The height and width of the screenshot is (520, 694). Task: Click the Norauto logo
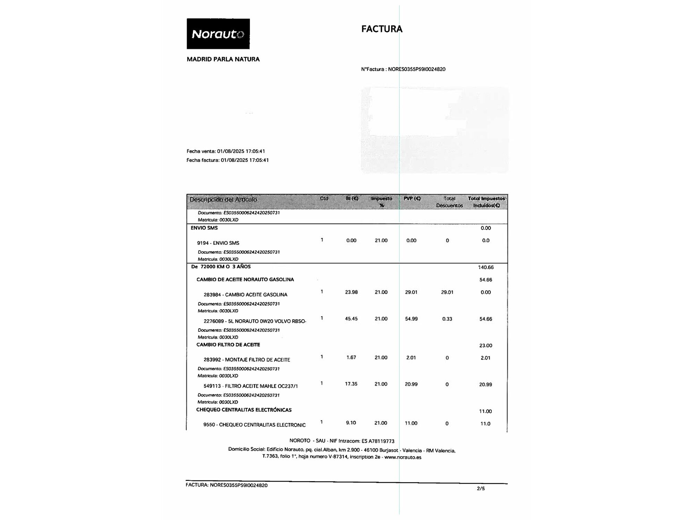(x=218, y=34)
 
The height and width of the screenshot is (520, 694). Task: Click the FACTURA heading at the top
(x=382, y=29)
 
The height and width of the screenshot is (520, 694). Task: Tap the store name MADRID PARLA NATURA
(x=223, y=59)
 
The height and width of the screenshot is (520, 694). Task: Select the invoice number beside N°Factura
(x=416, y=69)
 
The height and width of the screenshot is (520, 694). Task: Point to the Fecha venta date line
(x=226, y=151)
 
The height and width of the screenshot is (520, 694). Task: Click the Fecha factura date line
(x=228, y=160)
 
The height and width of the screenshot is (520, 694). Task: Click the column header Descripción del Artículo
(x=223, y=200)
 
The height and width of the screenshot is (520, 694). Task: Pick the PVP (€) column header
(x=412, y=199)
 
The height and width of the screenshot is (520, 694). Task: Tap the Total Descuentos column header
(x=449, y=202)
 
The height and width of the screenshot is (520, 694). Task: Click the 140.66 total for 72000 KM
(x=485, y=267)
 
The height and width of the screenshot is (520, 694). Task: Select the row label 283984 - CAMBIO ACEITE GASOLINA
(x=245, y=295)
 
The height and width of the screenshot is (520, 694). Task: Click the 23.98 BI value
(x=351, y=292)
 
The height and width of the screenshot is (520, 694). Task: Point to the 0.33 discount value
(x=447, y=319)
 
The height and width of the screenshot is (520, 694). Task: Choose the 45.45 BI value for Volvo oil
(x=351, y=319)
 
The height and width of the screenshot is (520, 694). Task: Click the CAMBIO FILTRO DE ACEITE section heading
(x=228, y=345)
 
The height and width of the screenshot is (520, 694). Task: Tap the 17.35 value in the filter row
(x=351, y=384)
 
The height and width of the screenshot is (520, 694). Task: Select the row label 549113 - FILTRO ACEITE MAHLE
(x=251, y=386)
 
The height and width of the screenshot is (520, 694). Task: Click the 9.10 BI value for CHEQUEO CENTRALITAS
(x=351, y=423)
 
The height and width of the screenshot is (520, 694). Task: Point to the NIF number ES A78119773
(x=378, y=441)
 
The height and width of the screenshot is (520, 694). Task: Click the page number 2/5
(x=481, y=489)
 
